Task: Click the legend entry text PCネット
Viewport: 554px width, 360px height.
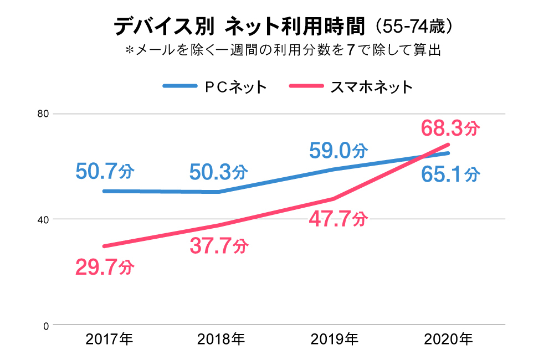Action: point(236,86)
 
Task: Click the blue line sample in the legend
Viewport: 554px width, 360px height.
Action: point(179,86)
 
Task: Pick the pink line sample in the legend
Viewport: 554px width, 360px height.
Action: point(306,86)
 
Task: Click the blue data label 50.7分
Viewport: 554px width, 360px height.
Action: point(105,172)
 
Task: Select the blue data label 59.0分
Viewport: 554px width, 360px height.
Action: point(338,150)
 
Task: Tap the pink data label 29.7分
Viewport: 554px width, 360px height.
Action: point(105,268)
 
